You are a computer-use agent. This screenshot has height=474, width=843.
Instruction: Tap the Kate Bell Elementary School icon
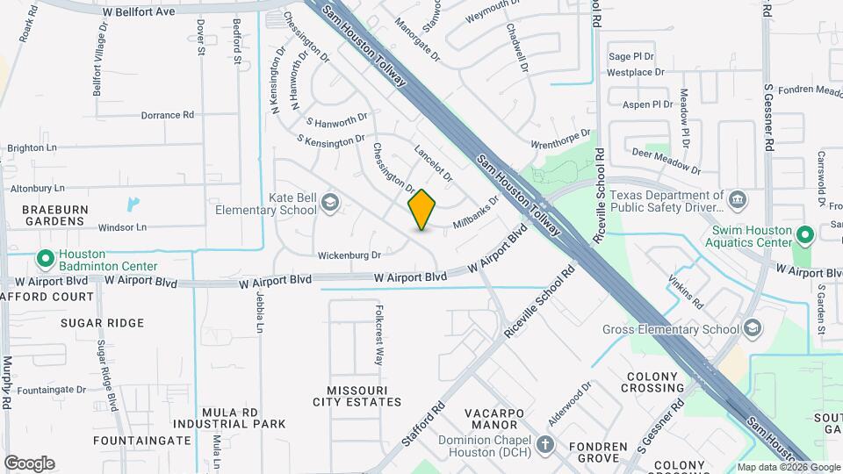[x=330, y=203]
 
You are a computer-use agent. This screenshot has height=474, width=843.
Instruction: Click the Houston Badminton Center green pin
[x=45, y=259]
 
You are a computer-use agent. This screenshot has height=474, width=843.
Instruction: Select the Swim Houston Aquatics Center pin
[x=804, y=234]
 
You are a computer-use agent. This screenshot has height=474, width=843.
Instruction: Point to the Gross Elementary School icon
[x=752, y=329]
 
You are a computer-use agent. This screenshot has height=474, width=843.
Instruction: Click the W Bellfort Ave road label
[x=138, y=12]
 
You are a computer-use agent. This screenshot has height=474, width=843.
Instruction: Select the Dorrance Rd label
[x=167, y=115]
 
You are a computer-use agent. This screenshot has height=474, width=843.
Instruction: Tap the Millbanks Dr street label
[x=475, y=213]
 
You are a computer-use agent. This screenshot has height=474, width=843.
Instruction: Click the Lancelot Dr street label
[x=433, y=163]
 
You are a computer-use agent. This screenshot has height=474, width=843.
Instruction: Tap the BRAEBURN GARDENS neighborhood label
[x=53, y=215]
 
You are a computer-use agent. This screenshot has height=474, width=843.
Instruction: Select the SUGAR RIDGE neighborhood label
[x=103, y=323]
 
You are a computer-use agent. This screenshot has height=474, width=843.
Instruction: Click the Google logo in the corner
[x=29, y=463]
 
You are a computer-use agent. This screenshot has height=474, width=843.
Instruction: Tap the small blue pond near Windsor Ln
[x=132, y=205]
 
